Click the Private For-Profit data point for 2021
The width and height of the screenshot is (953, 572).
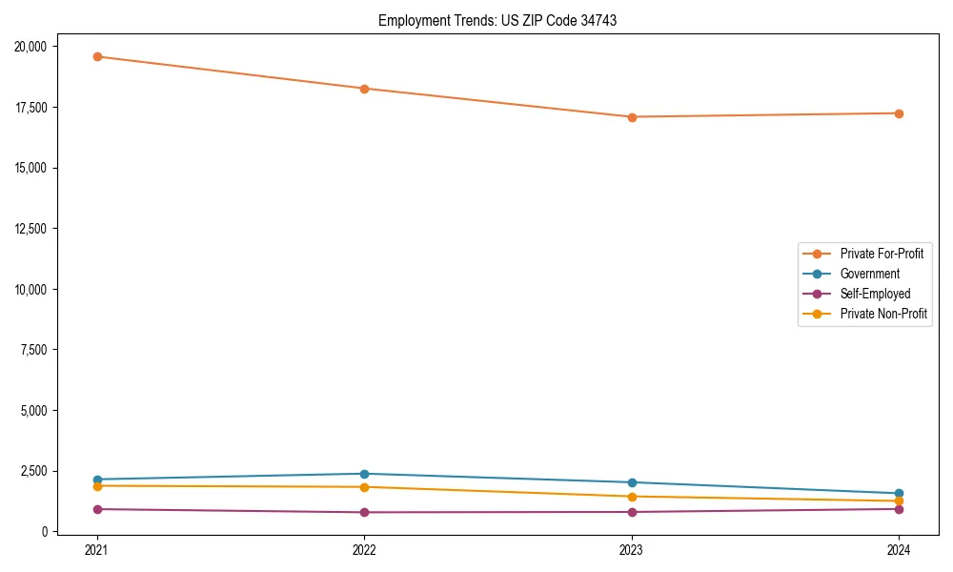point(97,56)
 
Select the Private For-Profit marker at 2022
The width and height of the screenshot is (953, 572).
point(364,89)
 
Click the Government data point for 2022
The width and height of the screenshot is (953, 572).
point(364,474)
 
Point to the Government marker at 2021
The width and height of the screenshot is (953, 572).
point(97,480)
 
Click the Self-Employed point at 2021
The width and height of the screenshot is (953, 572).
point(97,509)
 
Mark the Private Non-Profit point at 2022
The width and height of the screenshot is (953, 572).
point(364,487)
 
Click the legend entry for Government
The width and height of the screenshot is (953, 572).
point(869,274)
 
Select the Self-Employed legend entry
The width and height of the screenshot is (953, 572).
point(875,294)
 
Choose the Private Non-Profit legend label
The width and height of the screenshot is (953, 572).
point(883,314)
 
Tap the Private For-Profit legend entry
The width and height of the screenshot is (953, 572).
point(882,254)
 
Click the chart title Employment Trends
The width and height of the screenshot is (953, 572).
point(497,20)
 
